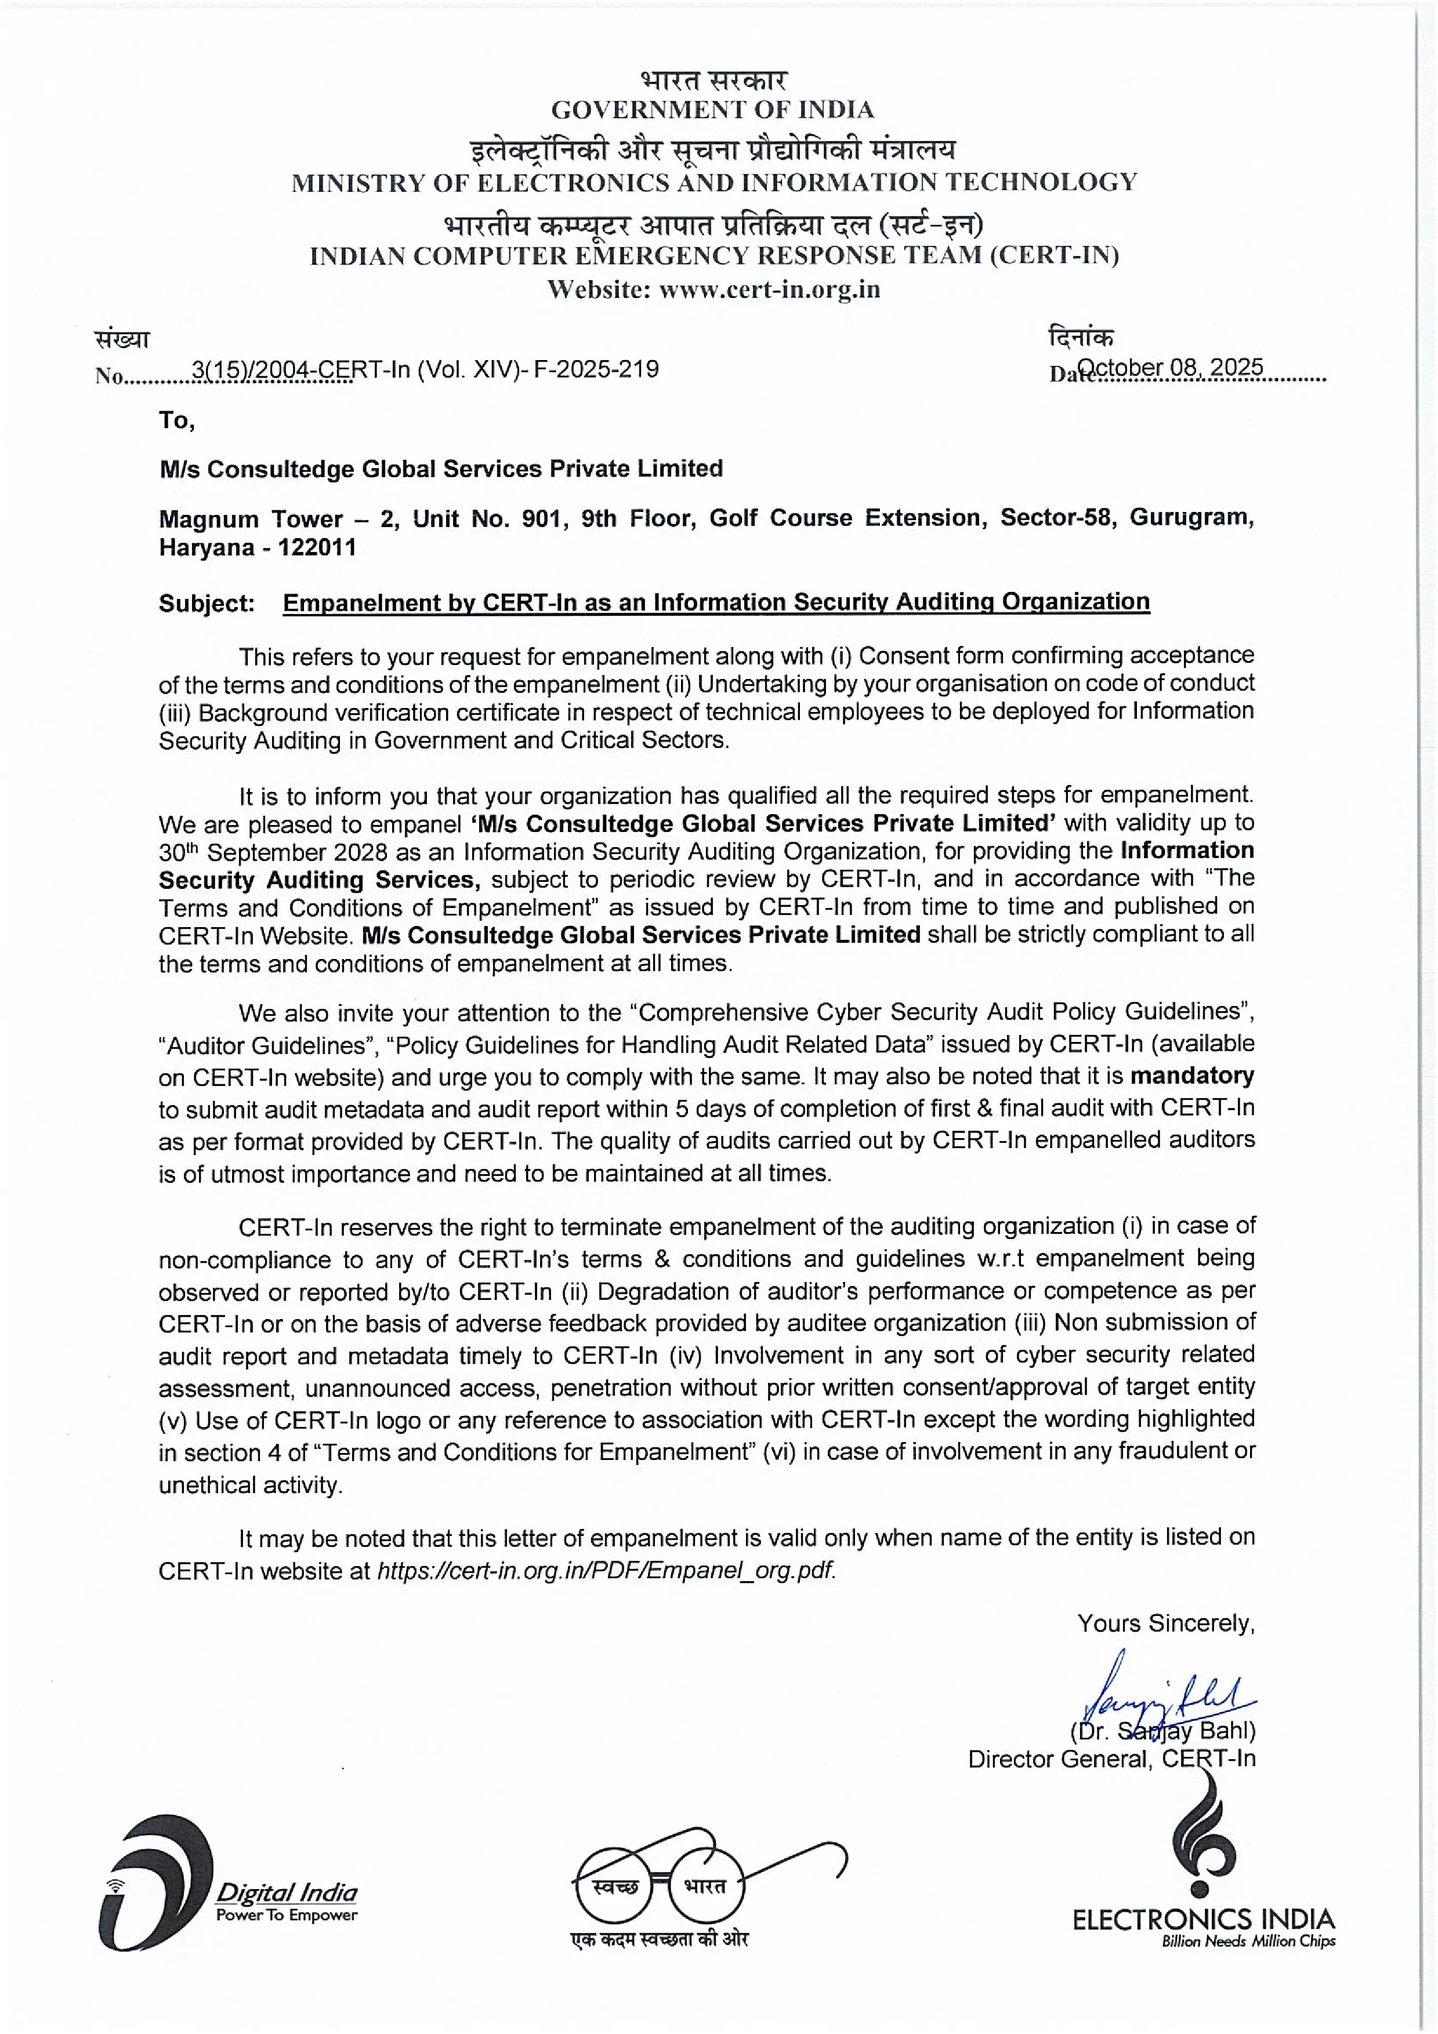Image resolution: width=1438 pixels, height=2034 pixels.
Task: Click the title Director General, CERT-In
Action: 1111,1759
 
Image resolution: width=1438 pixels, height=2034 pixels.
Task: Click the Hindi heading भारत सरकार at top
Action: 714,80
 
